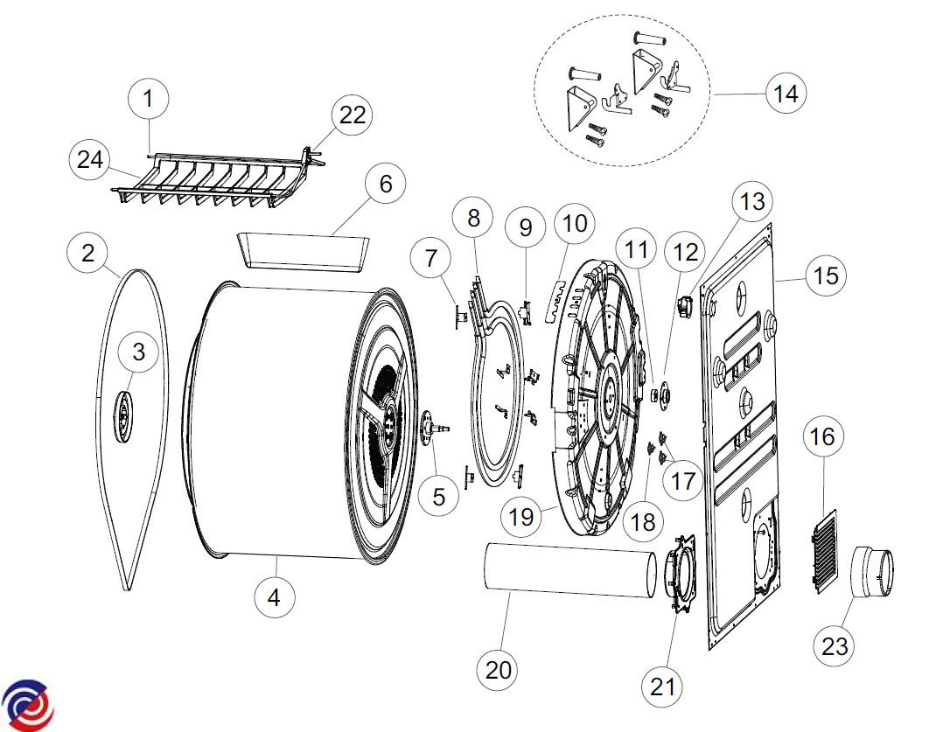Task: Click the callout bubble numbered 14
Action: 786,93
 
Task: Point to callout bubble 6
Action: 386,185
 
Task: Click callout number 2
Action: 88,254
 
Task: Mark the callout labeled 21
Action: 662,686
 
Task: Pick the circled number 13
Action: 751,202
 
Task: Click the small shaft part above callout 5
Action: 435,429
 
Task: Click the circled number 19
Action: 521,516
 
